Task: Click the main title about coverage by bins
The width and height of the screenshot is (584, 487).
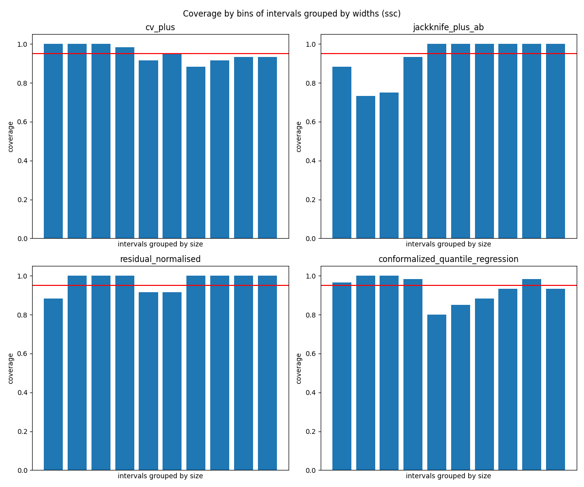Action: pos(292,14)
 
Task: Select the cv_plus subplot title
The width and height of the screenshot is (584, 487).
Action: pos(160,27)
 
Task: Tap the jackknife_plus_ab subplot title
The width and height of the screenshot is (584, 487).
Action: pos(448,27)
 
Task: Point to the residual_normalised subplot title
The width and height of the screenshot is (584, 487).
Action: pos(160,259)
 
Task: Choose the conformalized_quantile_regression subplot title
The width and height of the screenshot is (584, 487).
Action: pos(448,259)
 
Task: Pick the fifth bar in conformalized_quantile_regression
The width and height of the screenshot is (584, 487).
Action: pos(437,392)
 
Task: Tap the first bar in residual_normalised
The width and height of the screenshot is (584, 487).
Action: pos(53,384)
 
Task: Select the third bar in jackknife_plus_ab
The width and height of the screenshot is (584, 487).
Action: pos(389,166)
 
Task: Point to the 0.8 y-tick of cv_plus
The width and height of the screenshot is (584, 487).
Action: pos(22,83)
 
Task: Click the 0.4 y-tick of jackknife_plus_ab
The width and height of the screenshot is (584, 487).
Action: pos(310,161)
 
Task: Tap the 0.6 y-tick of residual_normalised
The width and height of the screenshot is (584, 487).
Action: pos(22,354)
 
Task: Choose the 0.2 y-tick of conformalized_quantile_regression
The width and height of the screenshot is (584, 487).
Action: pos(310,431)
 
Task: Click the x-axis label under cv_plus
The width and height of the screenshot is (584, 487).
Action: pos(160,244)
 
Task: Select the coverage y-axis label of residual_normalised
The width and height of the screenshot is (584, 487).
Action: pos(11,368)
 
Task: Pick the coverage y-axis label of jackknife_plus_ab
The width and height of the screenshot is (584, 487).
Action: pos(299,136)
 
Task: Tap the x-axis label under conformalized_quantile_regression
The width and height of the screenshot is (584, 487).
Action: pos(448,476)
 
